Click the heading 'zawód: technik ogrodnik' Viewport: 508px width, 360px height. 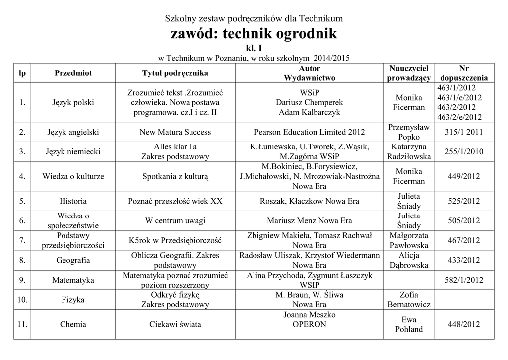pos(254,34)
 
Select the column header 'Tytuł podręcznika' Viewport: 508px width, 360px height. pos(175,73)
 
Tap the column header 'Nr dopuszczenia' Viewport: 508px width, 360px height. pos(464,73)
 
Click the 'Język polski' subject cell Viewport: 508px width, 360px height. pos(73,103)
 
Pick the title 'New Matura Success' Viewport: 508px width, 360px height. pos(175,132)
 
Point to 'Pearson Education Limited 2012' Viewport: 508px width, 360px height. pos(309,132)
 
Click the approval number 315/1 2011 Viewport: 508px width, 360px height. pos(464,132)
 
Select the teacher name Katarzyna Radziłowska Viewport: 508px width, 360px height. pos(409,152)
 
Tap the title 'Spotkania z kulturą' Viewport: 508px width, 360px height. pos(175,176)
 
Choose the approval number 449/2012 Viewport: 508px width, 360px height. pos(464,176)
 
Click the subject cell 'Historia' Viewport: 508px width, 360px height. pos(73,201)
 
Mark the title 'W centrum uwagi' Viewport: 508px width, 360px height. pos(175,221)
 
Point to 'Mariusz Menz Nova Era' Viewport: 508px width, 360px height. pos(309,221)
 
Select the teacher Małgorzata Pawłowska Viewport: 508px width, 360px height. pos(409,240)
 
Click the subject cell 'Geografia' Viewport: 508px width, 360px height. pos(73,260)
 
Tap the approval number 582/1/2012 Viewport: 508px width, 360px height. pos(464,280)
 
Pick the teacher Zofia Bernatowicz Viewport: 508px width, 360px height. pos(409,300)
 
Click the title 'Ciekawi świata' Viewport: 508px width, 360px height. pos(175,325)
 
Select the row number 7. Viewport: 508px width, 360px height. pos(22,241)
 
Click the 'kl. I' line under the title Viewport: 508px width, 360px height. pos(254,49)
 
